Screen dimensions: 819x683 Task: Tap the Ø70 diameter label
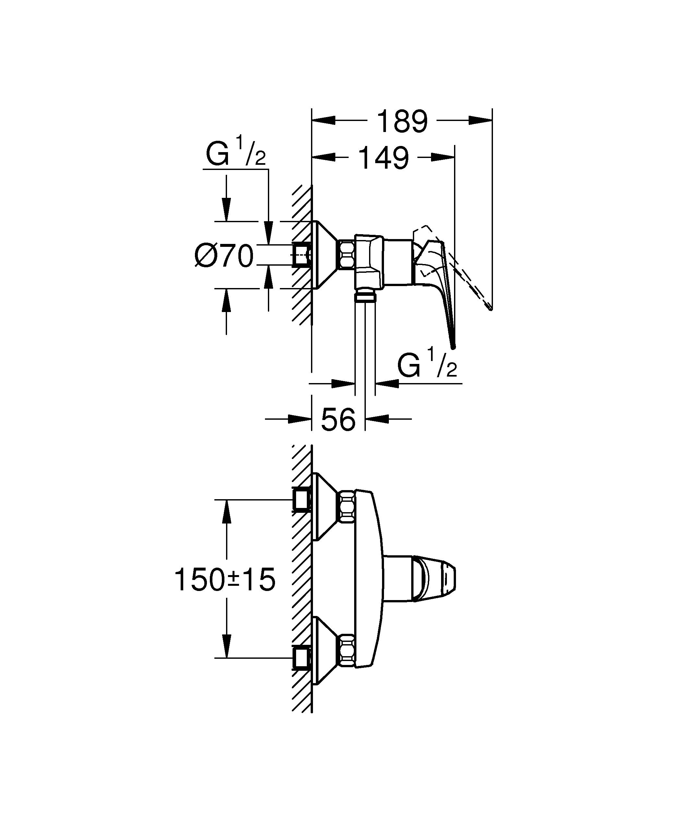click(224, 257)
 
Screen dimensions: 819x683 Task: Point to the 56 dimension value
click(338, 420)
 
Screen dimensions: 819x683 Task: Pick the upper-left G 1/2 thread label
click(235, 154)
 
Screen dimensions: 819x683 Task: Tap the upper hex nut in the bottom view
click(347, 507)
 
